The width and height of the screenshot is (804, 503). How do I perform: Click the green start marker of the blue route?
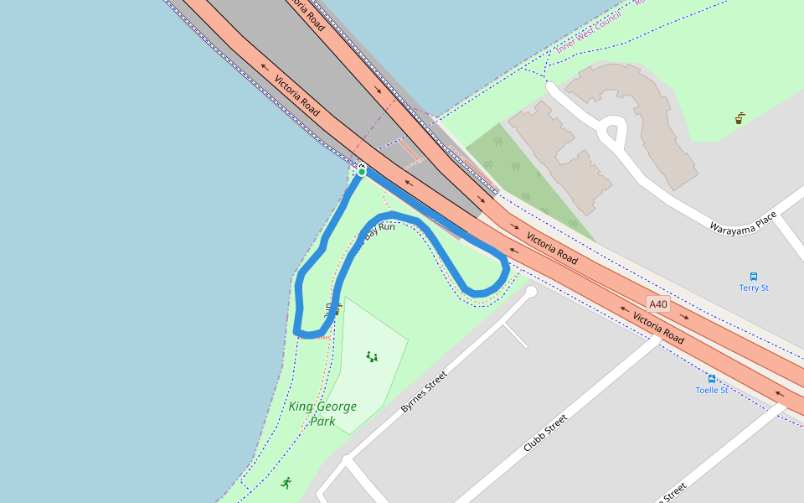pyautogui.click(x=361, y=172)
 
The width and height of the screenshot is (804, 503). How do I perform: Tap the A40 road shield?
pyautogui.click(x=658, y=303)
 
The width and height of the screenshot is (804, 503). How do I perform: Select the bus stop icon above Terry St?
pyautogui.click(x=754, y=276)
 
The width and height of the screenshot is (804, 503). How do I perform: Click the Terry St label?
pyautogui.click(x=754, y=288)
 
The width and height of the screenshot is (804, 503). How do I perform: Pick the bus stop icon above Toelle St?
pyautogui.click(x=712, y=379)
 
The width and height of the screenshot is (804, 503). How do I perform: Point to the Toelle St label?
pyautogui.click(x=712, y=390)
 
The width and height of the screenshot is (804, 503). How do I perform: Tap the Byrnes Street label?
pyautogui.click(x=425, y=392)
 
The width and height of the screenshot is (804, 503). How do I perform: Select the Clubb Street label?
pyautogui.click(x=545, y=433)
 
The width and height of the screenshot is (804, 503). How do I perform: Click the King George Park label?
pyautogui.click(x=322, y=413)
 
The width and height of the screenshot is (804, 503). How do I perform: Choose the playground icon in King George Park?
pyautogui.click(x=372, y=356)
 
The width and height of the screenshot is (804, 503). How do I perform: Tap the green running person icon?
pyautogui.click(x=286, y=483)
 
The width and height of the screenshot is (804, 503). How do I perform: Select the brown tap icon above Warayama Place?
pyautogui.click(x=740, y=118)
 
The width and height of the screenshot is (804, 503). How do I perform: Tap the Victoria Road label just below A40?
pyautogui.click(x=658, y=328)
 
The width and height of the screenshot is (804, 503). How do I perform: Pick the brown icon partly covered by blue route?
pyautogui.click(x=335, y=309)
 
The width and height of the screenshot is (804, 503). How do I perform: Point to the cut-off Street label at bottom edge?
pyautogui.click(x=673, y=492)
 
